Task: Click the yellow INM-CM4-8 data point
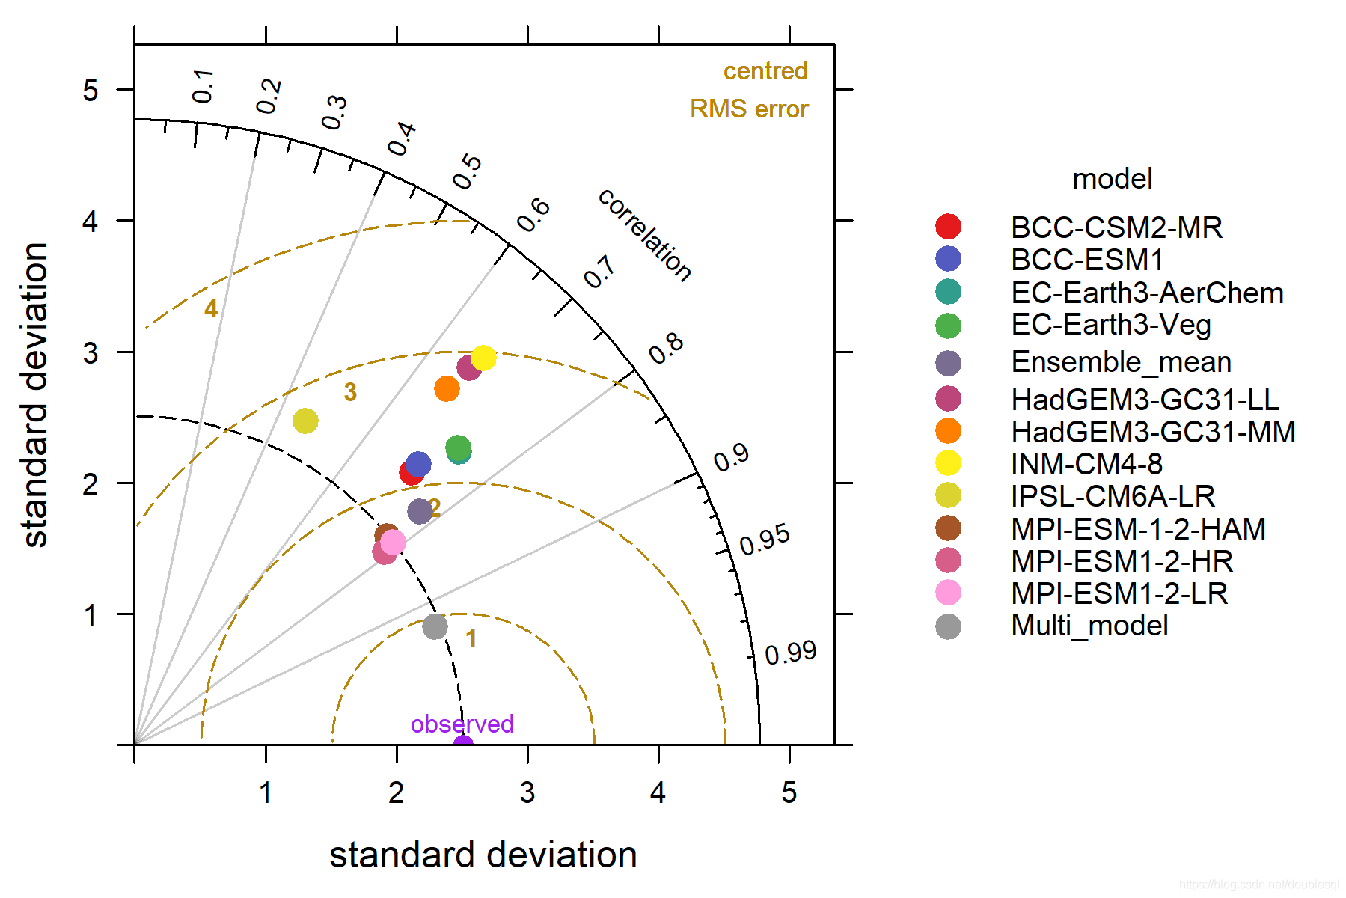[483, 358]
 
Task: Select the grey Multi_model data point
[435, 626]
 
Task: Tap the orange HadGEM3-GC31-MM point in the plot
[447, 389]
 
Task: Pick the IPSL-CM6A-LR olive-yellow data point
[305, 421]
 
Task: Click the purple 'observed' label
[462, 724]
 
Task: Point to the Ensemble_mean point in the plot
[420, 511]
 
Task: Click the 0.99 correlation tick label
[790, 653]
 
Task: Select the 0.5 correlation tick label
[467, 171]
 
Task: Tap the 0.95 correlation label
[765, 540]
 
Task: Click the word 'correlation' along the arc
[645, 235]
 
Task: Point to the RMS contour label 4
[211, 308]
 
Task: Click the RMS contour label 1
[471, 638]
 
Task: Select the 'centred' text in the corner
[765, 71]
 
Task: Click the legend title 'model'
[1113, 179]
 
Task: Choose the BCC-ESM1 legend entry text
[1087, 260]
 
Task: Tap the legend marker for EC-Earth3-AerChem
[948, 292]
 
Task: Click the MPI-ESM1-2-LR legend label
[1119, 593]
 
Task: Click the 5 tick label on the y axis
[91, 91]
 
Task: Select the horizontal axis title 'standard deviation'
[483, 855]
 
